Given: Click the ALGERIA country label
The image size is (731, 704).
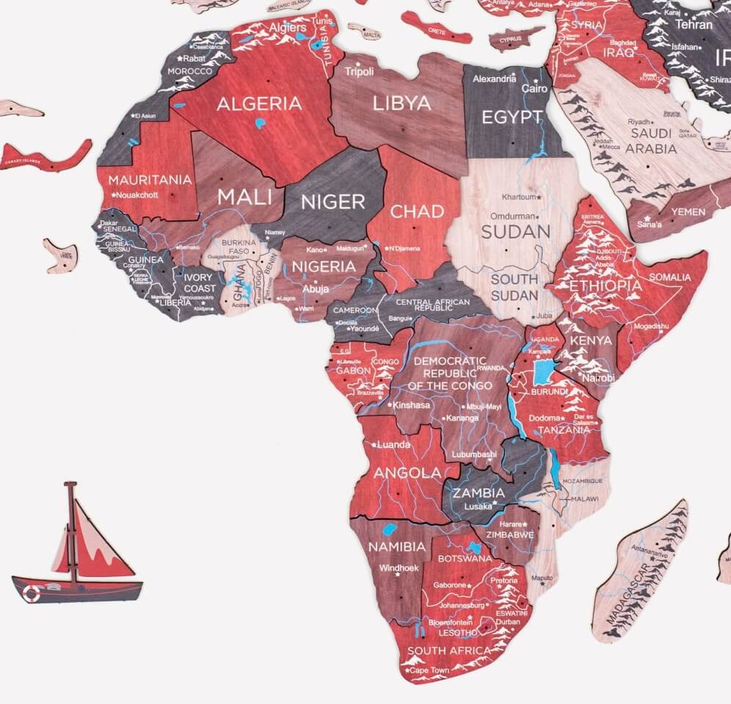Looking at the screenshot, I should coord(258,104).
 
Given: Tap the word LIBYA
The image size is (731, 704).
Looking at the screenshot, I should coord(401,103).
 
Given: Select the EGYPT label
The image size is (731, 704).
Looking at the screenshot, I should coord(512,117).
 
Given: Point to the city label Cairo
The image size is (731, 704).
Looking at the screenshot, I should coord(534,88).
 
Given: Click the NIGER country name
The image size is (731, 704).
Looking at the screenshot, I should coord(333,201).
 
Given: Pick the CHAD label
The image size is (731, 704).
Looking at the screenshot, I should coord(417,212).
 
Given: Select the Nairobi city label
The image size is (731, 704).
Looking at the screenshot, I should coord(598,377).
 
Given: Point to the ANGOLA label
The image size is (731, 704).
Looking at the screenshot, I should coord(407,473).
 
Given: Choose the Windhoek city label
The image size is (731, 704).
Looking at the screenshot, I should coord(399,567).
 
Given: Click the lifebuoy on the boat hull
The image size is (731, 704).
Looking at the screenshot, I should coord(31,592).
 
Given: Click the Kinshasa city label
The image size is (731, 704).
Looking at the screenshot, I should coord(410,404).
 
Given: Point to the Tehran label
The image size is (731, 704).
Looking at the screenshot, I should coord(694,24).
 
